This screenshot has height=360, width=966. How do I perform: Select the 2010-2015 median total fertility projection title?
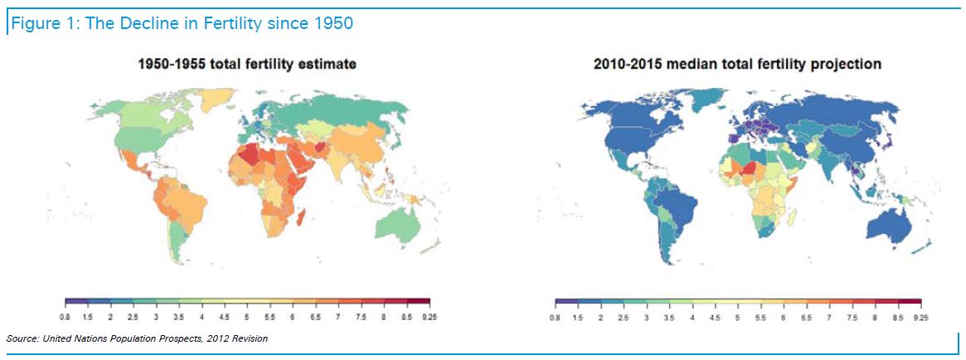737,64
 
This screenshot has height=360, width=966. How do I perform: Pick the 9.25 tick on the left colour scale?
430,318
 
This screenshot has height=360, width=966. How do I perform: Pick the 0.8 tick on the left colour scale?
65,318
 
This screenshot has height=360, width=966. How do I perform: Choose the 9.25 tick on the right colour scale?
920,318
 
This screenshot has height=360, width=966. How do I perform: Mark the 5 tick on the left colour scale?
246,318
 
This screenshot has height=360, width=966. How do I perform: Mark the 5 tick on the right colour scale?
737,318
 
